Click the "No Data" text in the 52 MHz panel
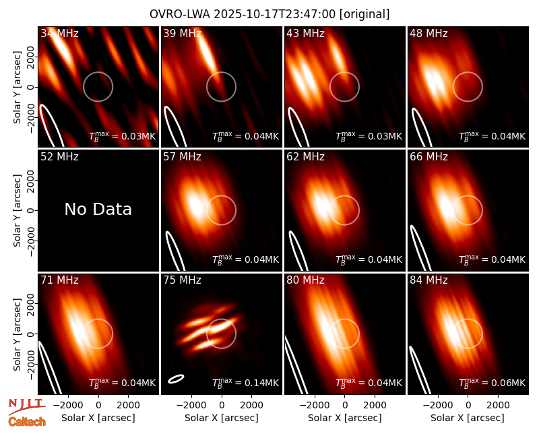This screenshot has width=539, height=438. pyautogui.click(x=98, y=209)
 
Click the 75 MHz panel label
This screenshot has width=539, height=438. pyautogui.click(x=182, y=280)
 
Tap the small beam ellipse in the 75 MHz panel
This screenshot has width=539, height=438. pyautogui.click(x=176, y=379)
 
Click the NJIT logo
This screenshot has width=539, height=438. pyautogui.click(x=27, y=406)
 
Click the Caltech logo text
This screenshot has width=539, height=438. pyautogui.click(x=27, y=422)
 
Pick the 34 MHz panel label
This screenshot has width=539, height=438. pyautogui.click(x=59, y=33)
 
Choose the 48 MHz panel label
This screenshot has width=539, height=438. pyautogui.click(x=429, y=33)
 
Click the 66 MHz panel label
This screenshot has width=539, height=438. pyautogui.click(x=429, y=157)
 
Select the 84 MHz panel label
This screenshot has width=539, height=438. pyautogui.click(x=429, y=280)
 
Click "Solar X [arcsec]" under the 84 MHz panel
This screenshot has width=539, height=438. pyautogui.click(x=468, y=418)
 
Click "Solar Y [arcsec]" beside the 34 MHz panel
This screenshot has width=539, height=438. pyautogui.click(x=18, y=88)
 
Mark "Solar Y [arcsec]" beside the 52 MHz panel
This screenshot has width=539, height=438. pyautogui.click(x=18, y=210)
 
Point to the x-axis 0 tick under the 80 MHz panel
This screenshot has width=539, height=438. pyautogui.click(x=345, y=405)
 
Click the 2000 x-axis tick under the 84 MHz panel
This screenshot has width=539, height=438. pyautogui.click(x=498, y=405)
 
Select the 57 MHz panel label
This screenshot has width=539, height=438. pyautogui.click(x=182, y=157)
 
